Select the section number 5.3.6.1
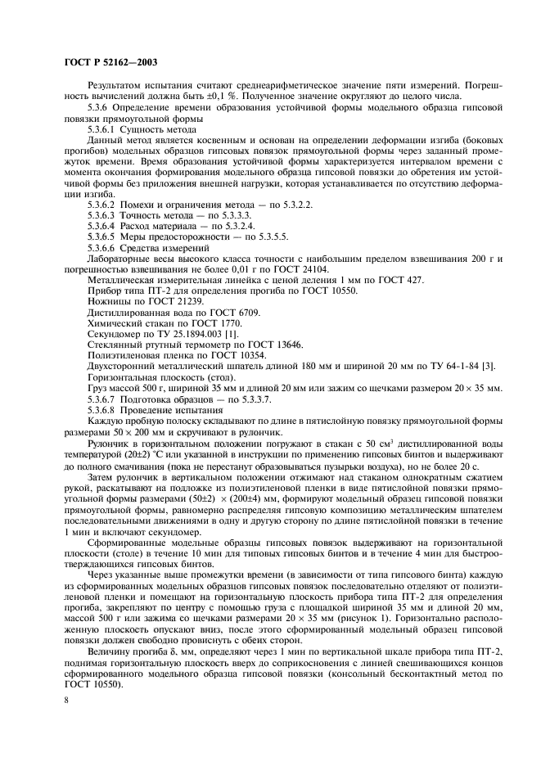pos(101,129)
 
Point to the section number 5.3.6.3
pos(101,213)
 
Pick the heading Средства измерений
pos(165,246)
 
